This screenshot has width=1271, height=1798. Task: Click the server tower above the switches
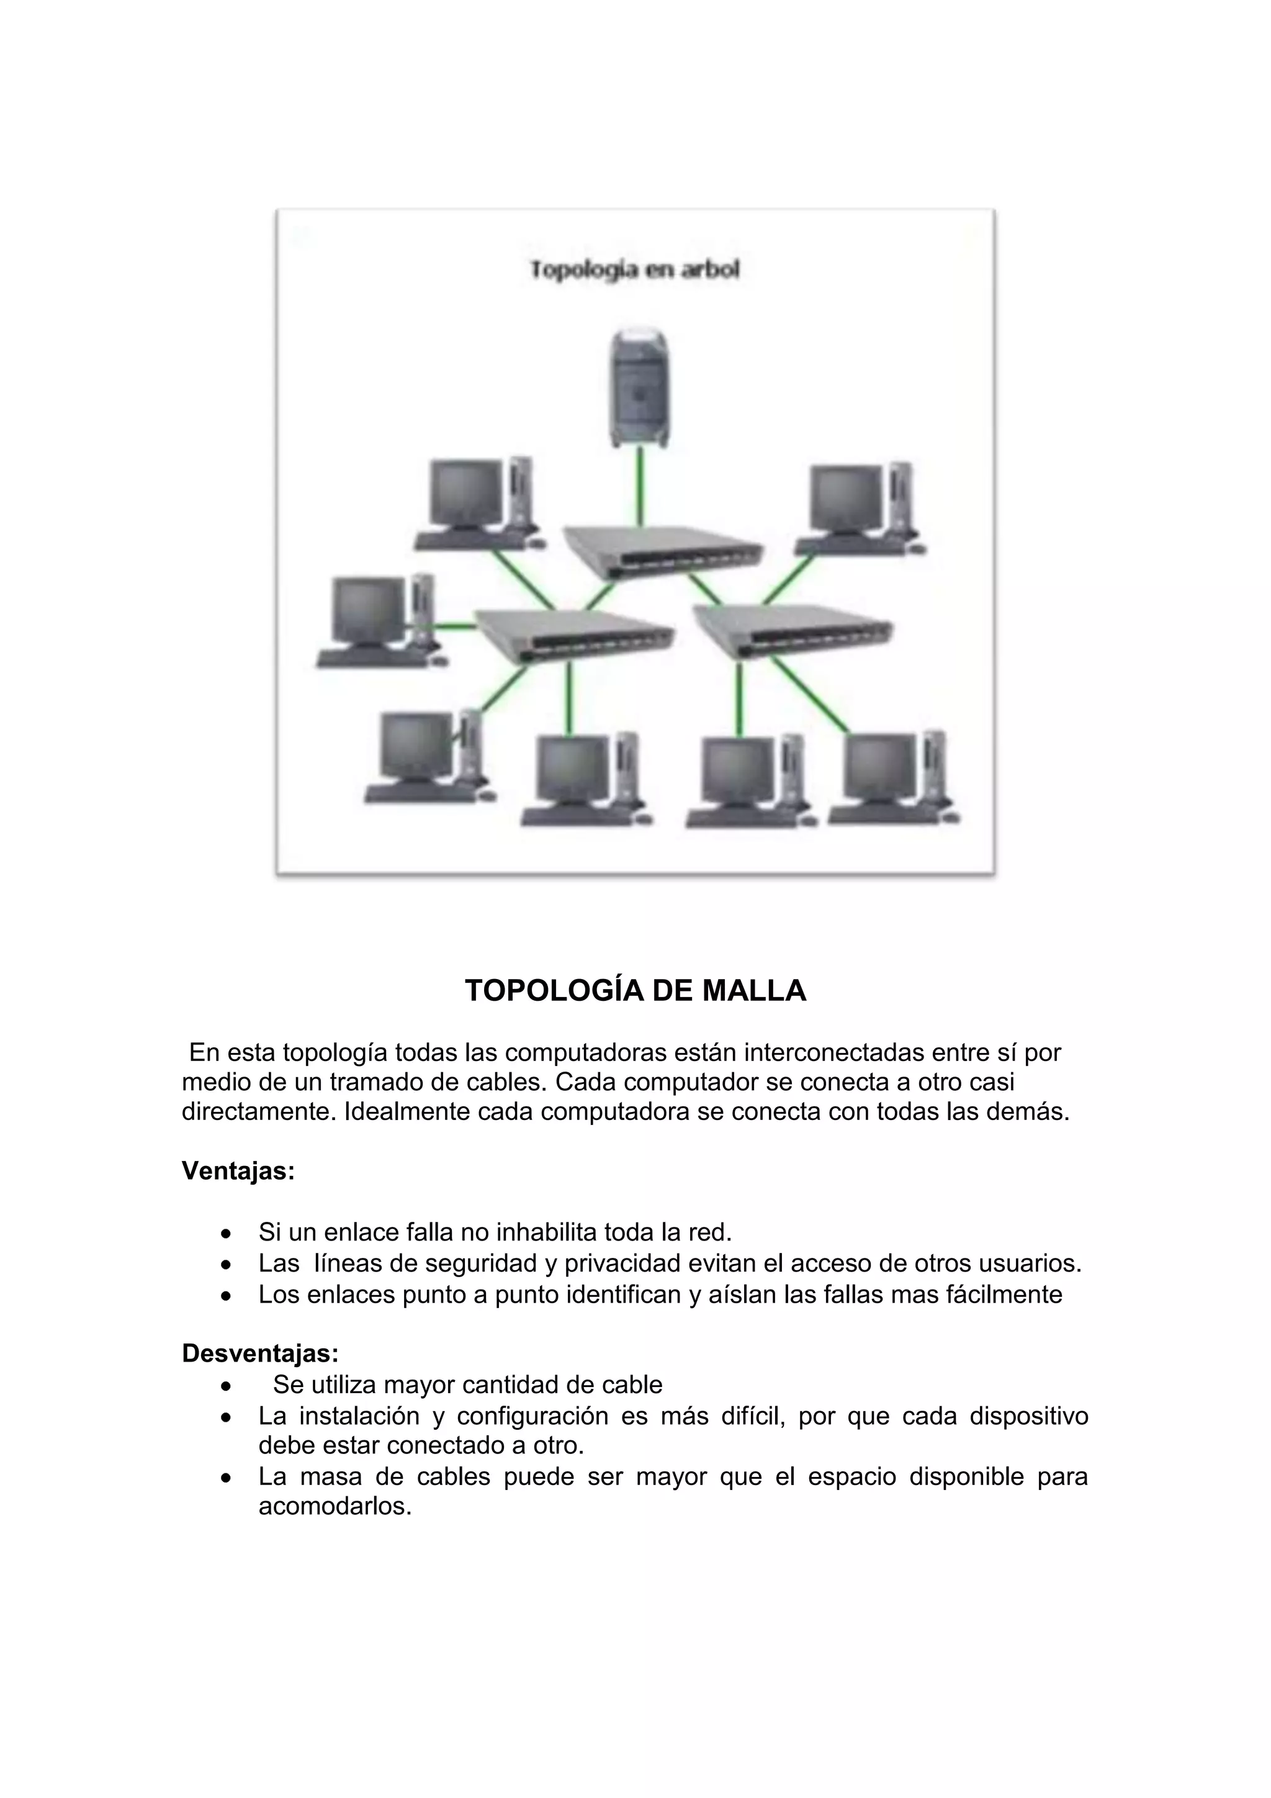[640, 389]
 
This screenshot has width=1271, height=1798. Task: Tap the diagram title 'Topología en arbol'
[635, 270]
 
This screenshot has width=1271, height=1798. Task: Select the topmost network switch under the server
[662, 551]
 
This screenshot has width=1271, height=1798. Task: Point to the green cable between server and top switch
[640, 486]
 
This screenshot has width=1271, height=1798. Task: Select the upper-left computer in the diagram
[477, 504]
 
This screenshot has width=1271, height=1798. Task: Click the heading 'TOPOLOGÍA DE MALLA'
[635, 992]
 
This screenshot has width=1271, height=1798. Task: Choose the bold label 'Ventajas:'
[238, 1172]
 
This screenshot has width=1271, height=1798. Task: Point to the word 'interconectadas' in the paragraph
[833, 1052]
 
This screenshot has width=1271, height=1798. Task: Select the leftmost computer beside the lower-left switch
[377, 623]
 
